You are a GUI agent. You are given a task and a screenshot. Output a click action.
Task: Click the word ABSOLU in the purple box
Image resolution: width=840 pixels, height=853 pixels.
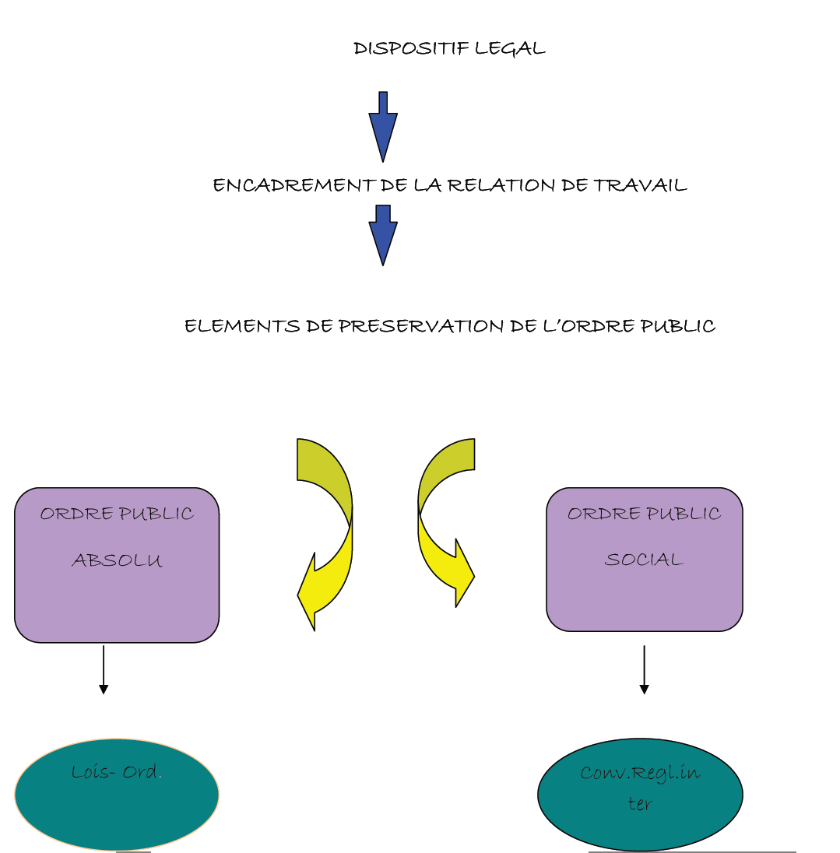(117, 560)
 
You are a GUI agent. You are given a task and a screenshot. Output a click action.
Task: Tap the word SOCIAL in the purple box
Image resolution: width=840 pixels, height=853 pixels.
(644, 560)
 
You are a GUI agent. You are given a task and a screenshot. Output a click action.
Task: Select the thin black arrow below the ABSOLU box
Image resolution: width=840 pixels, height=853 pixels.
(104, 669)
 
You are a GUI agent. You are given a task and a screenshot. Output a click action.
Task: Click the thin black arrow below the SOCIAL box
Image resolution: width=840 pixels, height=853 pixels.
(644, 669)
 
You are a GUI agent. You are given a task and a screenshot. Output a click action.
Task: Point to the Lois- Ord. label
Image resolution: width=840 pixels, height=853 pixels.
(115, 772)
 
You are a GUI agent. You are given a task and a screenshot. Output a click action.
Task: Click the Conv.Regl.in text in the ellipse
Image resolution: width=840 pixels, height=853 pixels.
(640, 773)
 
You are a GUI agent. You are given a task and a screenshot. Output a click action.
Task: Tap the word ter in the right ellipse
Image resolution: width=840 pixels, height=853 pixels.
(639, 804)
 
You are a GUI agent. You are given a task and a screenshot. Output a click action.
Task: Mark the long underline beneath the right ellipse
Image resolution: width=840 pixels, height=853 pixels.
(691, 852)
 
